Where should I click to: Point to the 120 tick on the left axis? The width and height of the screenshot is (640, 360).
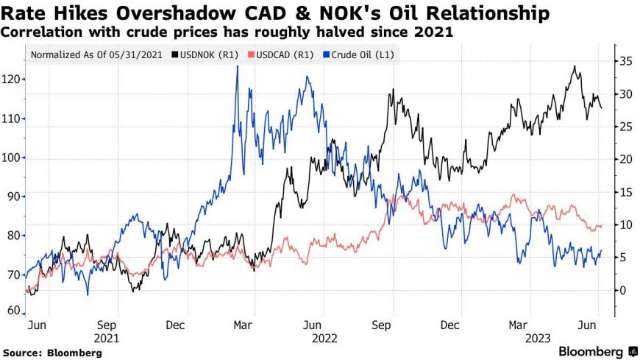pos(12,80)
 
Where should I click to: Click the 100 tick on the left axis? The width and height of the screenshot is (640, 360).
pos(12,158)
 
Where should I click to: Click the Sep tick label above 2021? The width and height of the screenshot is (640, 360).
pos(107,325)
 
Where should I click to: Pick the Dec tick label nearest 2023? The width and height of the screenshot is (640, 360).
pos(450,325)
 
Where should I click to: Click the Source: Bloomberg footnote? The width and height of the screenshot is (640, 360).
pos(51,353)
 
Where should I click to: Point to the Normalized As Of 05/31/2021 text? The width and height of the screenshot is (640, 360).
pos(98,54)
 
